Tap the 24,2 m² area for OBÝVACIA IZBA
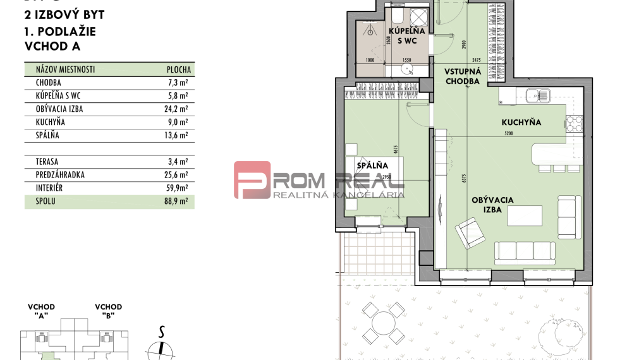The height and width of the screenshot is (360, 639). pyautogui.click(x=180, y=109)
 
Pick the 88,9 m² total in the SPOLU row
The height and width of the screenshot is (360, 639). pyautogui.click(x=180, y=201)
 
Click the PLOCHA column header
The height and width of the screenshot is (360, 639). pyautogui.click(x=178, y=70)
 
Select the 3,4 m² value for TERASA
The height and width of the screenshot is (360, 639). pyautogui.click(x=181, y=162)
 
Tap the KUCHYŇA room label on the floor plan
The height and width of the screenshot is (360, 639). pyautogui.click(x=521, y=123)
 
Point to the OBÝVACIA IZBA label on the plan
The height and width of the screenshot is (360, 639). pyautogui.click(x=492, y=205)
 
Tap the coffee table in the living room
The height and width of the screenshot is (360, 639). pyautogui.click(x=526, y=215)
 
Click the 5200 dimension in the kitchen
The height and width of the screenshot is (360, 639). pyautogui.click(x=509, y=133)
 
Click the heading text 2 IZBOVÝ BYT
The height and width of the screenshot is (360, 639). pyautogui.click(x=64, y=15)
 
